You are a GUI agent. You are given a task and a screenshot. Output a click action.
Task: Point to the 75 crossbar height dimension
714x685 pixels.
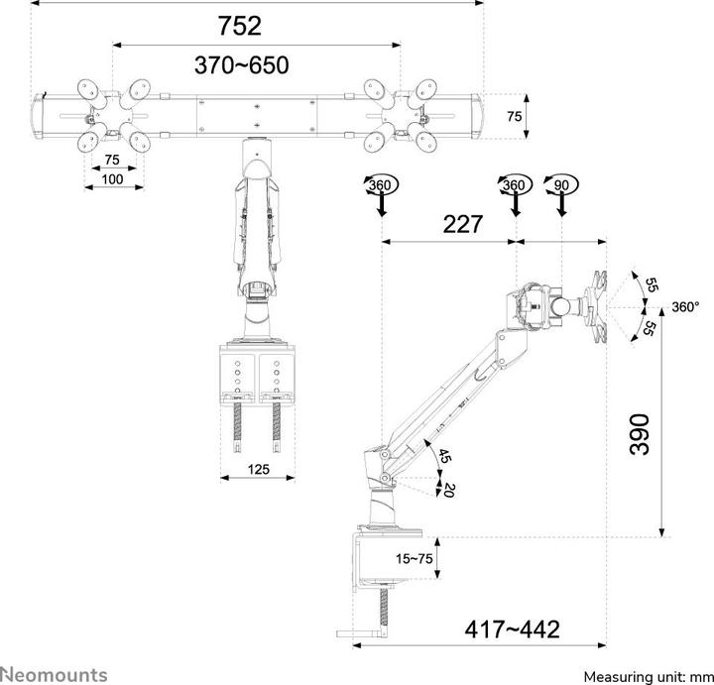(x=514, y=116)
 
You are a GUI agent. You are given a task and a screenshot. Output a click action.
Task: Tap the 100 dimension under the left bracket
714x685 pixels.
(x=112, y=178)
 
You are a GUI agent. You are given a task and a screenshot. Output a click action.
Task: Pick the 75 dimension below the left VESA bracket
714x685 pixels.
(x=111, y=161)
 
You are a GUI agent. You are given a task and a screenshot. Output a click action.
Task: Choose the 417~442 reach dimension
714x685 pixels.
(x=512, y=628)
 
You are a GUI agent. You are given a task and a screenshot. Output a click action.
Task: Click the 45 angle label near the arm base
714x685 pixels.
(x=444, y=457)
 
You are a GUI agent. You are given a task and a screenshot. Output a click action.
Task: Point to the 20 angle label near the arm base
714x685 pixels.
(x=449, y=490)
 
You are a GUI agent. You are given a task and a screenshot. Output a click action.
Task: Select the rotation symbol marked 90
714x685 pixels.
(x=563, y=186)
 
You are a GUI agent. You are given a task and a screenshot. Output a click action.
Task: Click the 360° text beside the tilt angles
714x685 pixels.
(x=685, y=307)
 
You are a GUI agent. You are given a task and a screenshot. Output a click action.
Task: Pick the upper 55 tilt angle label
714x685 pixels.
(x=651, y=285)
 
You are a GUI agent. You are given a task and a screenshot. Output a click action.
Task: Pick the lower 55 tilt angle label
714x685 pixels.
(x=651, y=329)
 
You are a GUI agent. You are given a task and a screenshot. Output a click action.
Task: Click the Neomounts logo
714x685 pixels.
(x=54, y=674)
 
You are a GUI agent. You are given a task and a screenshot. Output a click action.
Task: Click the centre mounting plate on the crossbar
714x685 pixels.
(x=257, y=115)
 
